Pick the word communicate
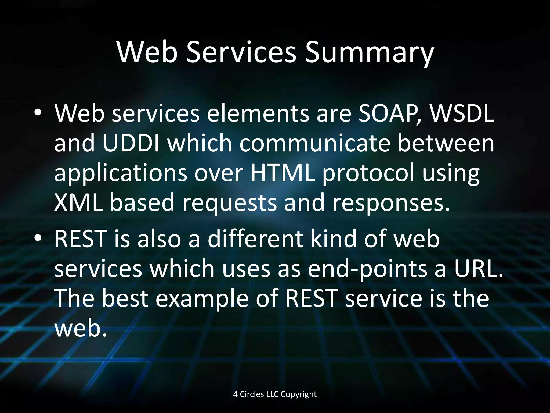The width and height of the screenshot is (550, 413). pyautogui.click(x=314, y=143)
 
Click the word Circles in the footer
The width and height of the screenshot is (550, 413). pyautogui.click(x=252, y=394)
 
